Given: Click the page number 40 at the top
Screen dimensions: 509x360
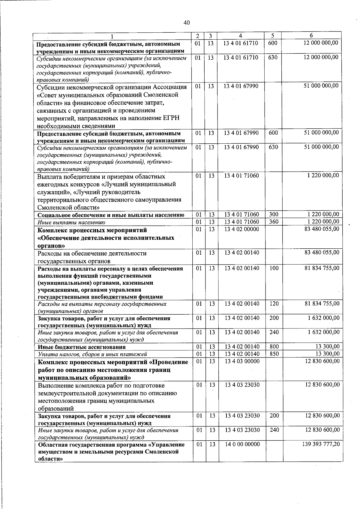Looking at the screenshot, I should click(x=187, y=23).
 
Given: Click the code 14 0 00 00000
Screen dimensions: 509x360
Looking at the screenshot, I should click(x=242, y=444).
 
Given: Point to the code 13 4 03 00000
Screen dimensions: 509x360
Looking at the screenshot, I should click(x=242, y=361).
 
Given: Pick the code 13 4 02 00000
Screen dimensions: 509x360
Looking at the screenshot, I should click(x=241, y=229).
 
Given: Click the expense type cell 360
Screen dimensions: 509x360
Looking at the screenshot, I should click(x=273, y=222).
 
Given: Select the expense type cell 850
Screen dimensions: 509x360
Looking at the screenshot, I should click(x=274, y=354).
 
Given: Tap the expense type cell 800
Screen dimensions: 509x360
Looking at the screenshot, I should click(x=274, y=347).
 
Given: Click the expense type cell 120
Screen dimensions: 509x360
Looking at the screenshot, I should click(x=274, y=304).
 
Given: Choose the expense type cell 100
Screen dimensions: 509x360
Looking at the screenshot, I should click(x=274, y=268).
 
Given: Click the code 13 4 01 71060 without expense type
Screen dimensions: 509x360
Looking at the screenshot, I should click(x=241, y=175).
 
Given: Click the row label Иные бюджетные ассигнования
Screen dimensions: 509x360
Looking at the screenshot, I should click(x=82, y=347).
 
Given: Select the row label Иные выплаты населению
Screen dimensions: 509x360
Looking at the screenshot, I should click(x=71, y=222).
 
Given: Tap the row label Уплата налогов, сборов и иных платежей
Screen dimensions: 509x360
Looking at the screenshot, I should click(x=92, y=354).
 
